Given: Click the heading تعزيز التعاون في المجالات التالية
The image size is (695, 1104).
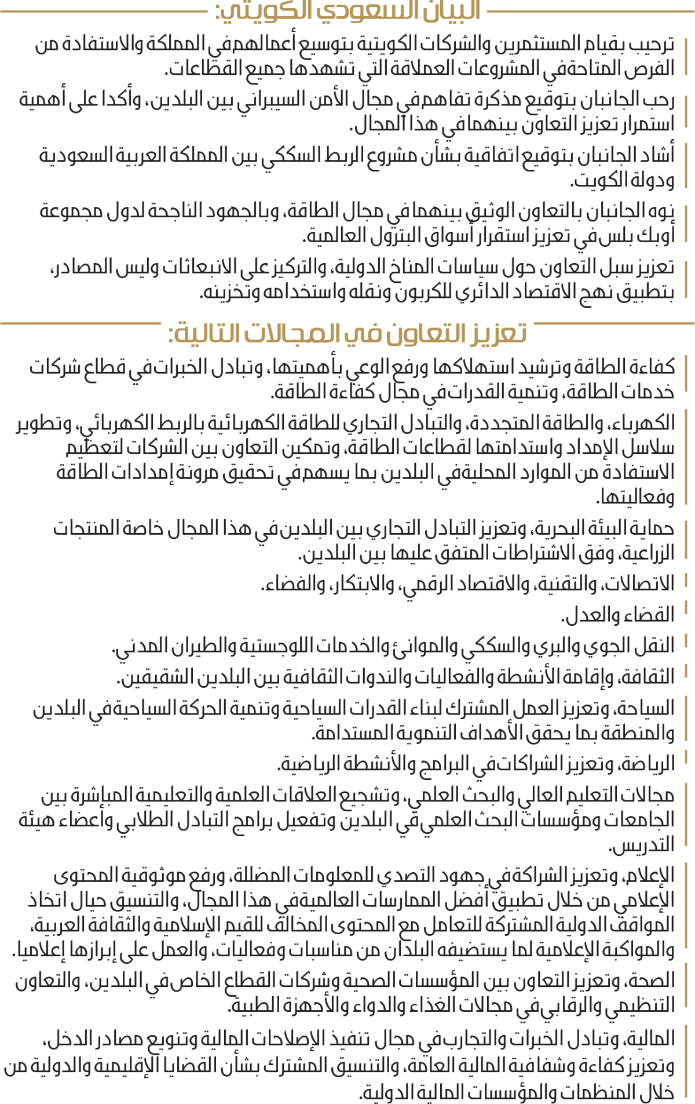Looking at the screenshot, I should pyautogui.click(x=348, y=334).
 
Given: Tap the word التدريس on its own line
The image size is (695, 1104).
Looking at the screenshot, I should pyautogui.click(x=643, y=845).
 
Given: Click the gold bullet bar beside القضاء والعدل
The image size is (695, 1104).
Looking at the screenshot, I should pyautogui.click(x=686, y=608).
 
